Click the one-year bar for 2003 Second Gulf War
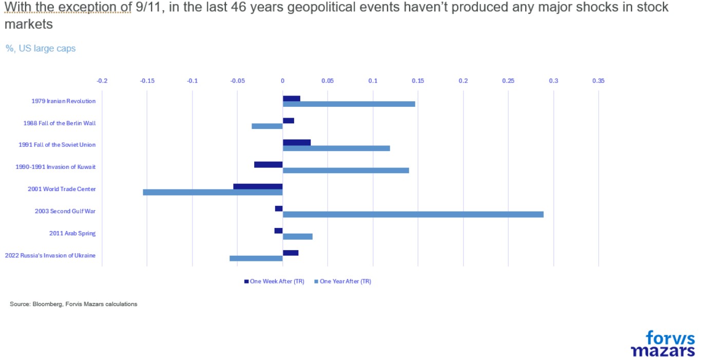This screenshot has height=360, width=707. [x=413, y=214]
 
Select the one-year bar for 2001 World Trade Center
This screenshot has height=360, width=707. [x=213, y=192]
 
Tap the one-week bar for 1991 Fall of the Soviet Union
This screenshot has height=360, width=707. [x=297, y=142]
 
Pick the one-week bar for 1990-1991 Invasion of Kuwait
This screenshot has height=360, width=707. [x=269, y=164]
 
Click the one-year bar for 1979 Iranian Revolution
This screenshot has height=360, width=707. [x=349, y=104]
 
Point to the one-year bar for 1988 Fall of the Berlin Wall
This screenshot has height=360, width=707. [x=267, y=126]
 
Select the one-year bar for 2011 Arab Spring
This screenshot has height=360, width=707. [x=297, y=236]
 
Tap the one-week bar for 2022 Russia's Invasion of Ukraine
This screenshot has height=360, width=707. [x=290, y=253]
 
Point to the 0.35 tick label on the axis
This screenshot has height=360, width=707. [x=598, y=81]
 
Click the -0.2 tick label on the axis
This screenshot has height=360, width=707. [x=102, y=81]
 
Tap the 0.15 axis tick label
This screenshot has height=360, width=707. [x=418, y=81]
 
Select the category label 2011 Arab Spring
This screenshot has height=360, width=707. [x=72, y=233]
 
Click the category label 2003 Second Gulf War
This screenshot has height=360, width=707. [x=65, y=211]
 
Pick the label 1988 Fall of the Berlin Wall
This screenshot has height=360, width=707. [x=60, y=123]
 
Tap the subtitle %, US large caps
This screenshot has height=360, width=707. [x=41, y=48]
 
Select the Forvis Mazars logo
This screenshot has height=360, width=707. [x=663, y=344]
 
